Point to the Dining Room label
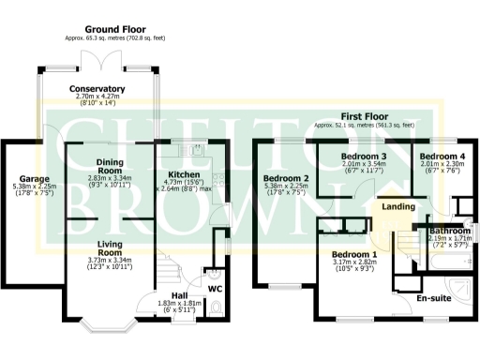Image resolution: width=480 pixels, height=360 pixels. (102, 166)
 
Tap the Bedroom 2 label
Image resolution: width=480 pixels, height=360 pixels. (286, 178)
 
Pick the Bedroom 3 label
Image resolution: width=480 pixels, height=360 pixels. (364, 156)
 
